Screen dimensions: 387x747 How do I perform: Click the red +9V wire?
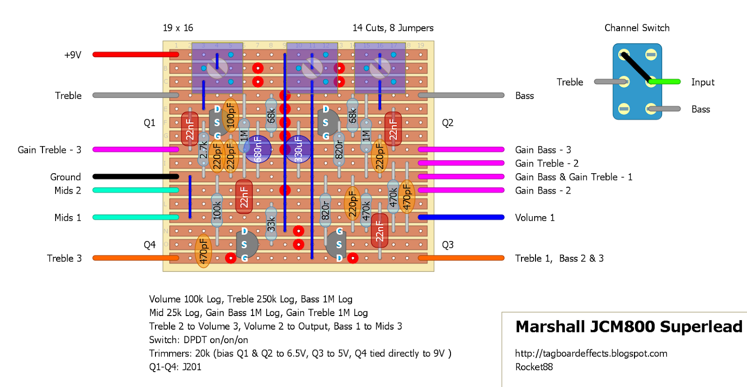tap(135, 55)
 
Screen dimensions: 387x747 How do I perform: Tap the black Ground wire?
tap(135, 176)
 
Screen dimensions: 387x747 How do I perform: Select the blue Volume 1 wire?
tap(461, 217)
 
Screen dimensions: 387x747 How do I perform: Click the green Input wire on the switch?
tap(665, 82)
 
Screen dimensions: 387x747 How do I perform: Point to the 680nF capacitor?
tap(257, 149)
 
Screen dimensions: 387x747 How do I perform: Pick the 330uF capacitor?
tap(298, 149)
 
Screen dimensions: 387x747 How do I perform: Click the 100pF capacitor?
tap(230, 115)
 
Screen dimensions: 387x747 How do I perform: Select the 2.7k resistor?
tap(203, 149)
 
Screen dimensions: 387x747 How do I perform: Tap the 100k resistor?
tap(217, 210)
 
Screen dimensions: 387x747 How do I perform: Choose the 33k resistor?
tap(271, 224)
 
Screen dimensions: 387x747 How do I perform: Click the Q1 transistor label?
tap(149, 123)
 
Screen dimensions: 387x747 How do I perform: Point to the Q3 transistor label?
tap(447, 245)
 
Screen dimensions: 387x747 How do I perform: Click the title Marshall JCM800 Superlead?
tap(628, 326)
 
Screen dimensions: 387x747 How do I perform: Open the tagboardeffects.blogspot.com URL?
tap(591, 353)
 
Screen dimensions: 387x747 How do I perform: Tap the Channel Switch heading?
tap(637, 28)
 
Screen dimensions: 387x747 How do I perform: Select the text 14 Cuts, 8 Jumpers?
tap(393, 28)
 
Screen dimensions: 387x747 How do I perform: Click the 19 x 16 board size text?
tap(178, 28)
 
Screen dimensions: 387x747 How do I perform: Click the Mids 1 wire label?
tap(68, 218)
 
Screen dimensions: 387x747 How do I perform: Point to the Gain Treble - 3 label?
tap(49, 150)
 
